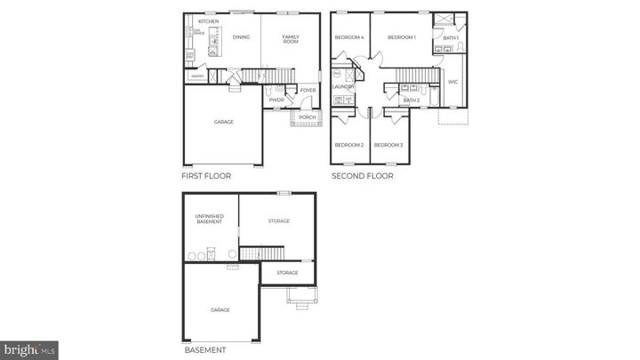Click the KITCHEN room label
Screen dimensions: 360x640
[209, 21]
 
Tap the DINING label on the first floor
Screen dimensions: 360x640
[241, 37]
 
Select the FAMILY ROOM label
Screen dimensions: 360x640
[291, 38]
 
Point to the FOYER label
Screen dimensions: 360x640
[308, 90]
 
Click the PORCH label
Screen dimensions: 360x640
[307, 117]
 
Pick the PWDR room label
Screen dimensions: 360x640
[276, 100]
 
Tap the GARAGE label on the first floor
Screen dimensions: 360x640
[223, 122]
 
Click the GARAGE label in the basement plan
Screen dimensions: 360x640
[220, 309]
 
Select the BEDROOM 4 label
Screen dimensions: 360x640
[349, 37]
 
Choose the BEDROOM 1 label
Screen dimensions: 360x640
[401, 37]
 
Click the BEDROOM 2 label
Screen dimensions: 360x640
[349, 145]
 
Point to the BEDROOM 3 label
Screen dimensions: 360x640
[388, 145]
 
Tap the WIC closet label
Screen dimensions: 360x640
[452, 81]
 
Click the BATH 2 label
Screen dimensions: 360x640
[411, 100]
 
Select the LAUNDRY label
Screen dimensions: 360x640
[343, 86]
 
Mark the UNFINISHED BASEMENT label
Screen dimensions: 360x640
[210, 219]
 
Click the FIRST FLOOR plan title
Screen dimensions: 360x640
[206, 176]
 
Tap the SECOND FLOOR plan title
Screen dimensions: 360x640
[363, 176]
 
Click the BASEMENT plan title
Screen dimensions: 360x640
[204, 350]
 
